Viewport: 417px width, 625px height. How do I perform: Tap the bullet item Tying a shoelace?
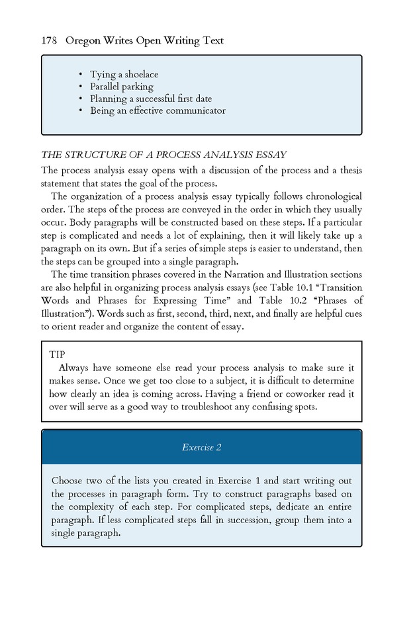coord(124,75)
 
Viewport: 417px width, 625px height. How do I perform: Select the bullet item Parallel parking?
coord(122,87)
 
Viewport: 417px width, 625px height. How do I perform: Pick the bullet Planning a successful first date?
coord(151,99)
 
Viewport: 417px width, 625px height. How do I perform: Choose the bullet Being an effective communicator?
coord(158,110)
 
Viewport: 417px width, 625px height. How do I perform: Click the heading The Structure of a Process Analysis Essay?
coord(163,155)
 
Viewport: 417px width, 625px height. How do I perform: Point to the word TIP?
coord(57,354)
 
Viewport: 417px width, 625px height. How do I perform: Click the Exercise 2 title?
coord(201,448)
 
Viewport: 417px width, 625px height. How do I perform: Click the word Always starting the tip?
coord(75,368)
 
